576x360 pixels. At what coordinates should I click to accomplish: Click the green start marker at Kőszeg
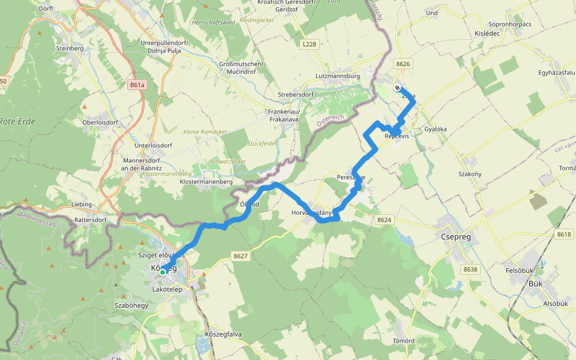[163, 272]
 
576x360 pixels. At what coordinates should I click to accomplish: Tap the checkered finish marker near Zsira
[397, 88]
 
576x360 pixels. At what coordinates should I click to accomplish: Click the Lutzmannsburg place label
[337, 77]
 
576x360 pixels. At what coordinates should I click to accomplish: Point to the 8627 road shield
[241, 256]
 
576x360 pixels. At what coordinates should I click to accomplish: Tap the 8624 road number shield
[385, 220]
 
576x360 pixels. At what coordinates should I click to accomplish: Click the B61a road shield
[137, 85]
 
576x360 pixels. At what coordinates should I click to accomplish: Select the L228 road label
[310, 44]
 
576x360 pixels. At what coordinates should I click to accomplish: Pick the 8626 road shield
[403, 64]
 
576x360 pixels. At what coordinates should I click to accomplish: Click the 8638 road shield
[470, 269]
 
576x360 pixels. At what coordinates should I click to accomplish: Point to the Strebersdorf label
[296, 95]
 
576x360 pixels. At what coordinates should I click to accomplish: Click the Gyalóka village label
[436, 129]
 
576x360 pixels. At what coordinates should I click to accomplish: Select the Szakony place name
[470, 174]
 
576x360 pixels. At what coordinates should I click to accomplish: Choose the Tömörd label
[403, 341]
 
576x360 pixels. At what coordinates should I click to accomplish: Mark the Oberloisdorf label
[100, 122]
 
